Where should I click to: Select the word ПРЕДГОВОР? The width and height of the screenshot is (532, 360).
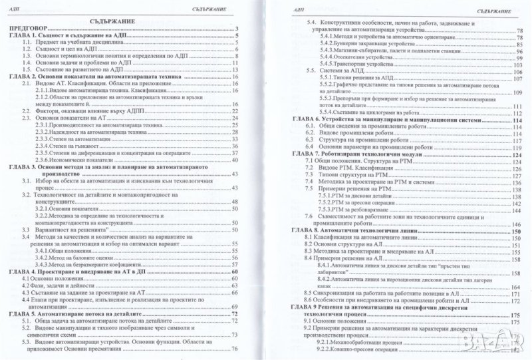pyautogui.click(x=29, y=29)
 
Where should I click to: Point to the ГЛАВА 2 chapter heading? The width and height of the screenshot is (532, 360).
pyautogui.click(x=93, y=77)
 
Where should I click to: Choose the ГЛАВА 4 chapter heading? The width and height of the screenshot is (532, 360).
pyautogui.click(x=80, y=271)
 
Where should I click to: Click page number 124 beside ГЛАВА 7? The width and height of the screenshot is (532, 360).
pyautogui.click(x=517, y=154)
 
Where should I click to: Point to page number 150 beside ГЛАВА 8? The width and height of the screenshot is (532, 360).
pyautogui.click(x=517, y=230)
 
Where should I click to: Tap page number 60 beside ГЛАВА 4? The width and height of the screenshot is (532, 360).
pyautogui.click(x=234, y=271)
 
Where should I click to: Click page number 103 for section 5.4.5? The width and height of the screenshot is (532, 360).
pyautogui.click(x=517, y=65)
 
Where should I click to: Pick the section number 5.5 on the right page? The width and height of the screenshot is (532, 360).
pyautogui.click(x=308, y=71)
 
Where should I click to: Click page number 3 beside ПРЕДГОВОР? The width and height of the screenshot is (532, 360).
pyautogui.click(x=236, y=29)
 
